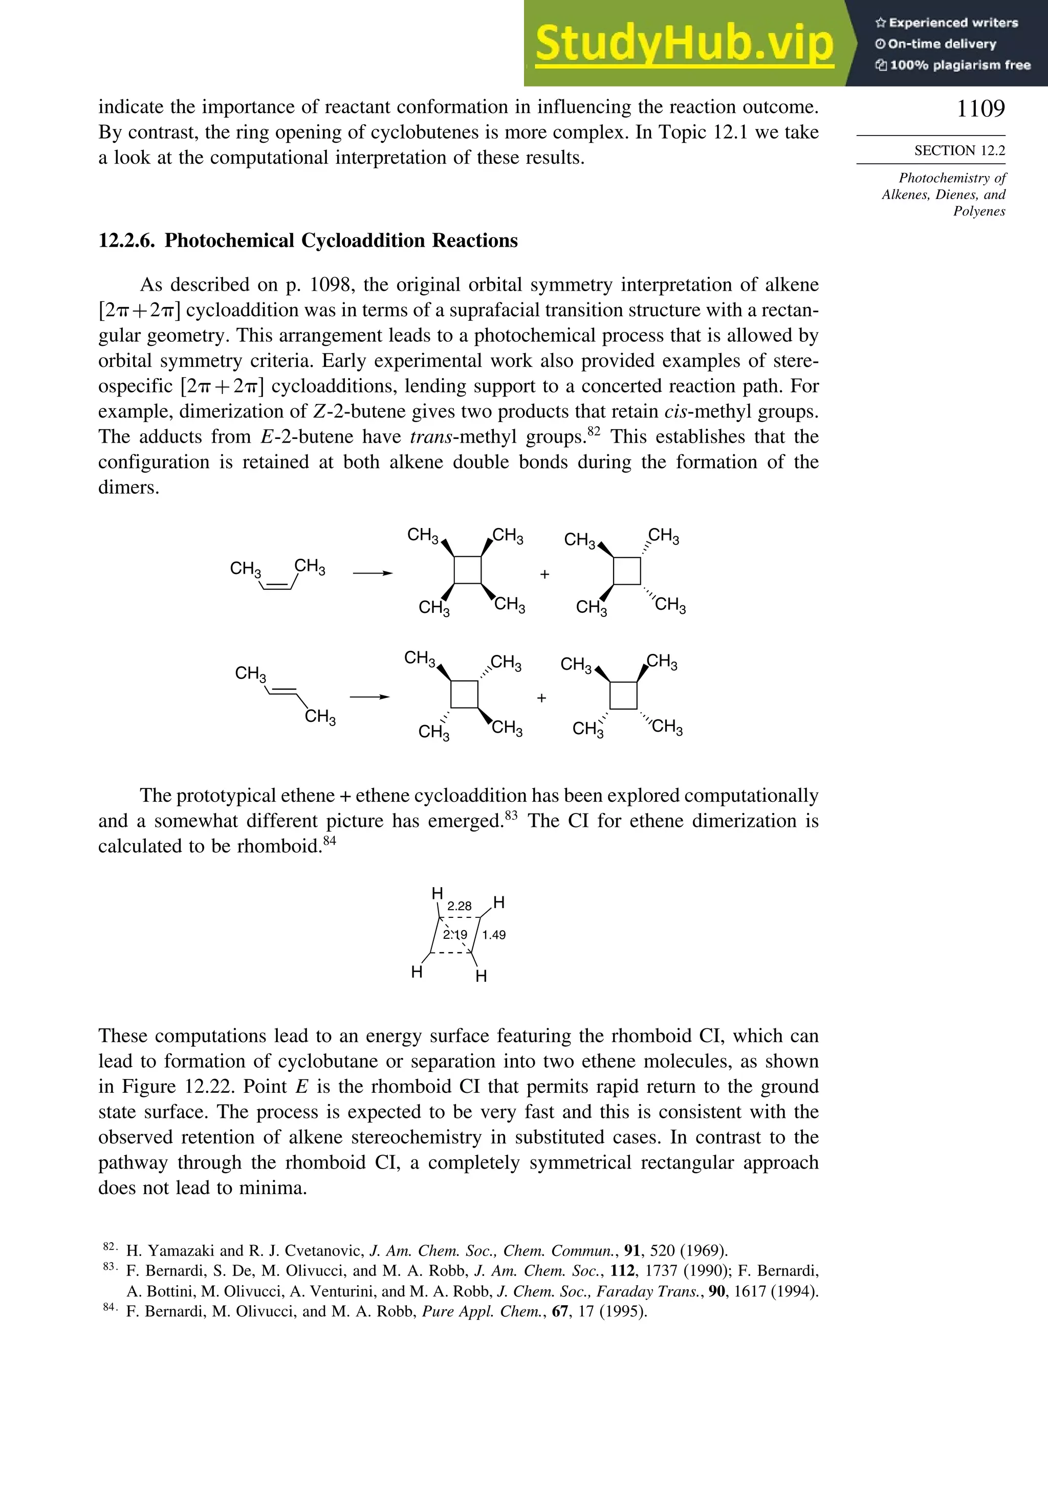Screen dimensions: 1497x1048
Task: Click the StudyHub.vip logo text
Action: coord(684,43)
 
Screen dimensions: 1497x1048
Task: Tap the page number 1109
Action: coord(980,108)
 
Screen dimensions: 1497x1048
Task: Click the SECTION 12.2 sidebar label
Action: coord(959,150)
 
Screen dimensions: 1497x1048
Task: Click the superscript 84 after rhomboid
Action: coord(330,841)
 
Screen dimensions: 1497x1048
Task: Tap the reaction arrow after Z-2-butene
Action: coord(373,573)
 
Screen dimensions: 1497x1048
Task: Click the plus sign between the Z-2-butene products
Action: coord(544,575)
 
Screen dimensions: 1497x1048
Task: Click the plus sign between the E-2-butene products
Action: coord(541,698)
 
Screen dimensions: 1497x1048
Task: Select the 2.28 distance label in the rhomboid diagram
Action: coord(459,906)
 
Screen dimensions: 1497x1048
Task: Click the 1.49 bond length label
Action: coord(494,935)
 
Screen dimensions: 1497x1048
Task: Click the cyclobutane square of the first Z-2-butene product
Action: coord(468,570)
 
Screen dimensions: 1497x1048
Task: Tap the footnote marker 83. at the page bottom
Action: coord(110,1266)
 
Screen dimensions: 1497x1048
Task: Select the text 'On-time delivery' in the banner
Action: coord(942,43)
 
